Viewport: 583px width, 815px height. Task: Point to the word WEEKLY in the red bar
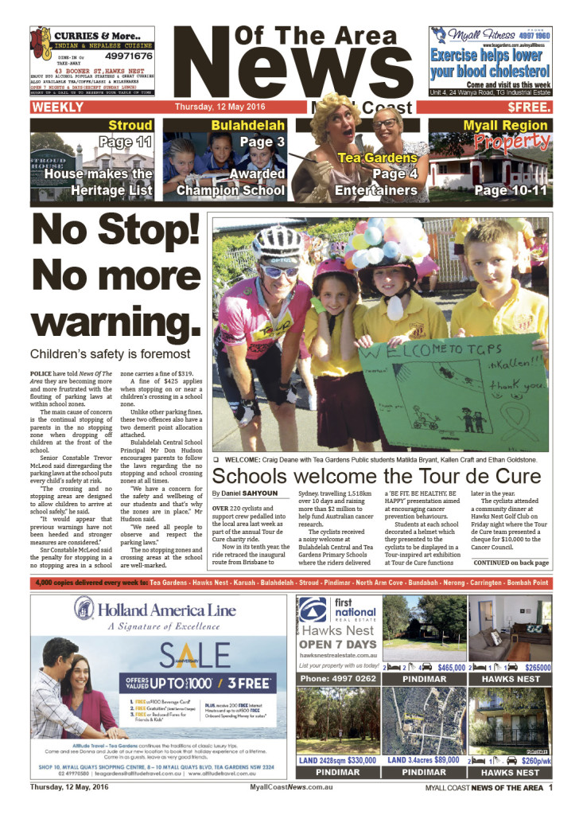click(58, 107)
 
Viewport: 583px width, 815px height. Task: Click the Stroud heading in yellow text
click(130, 126)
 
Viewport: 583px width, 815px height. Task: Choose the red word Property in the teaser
click(511, 143)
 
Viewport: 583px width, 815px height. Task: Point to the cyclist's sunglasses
click(281, 271)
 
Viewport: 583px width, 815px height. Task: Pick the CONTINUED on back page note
click(511, 563)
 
